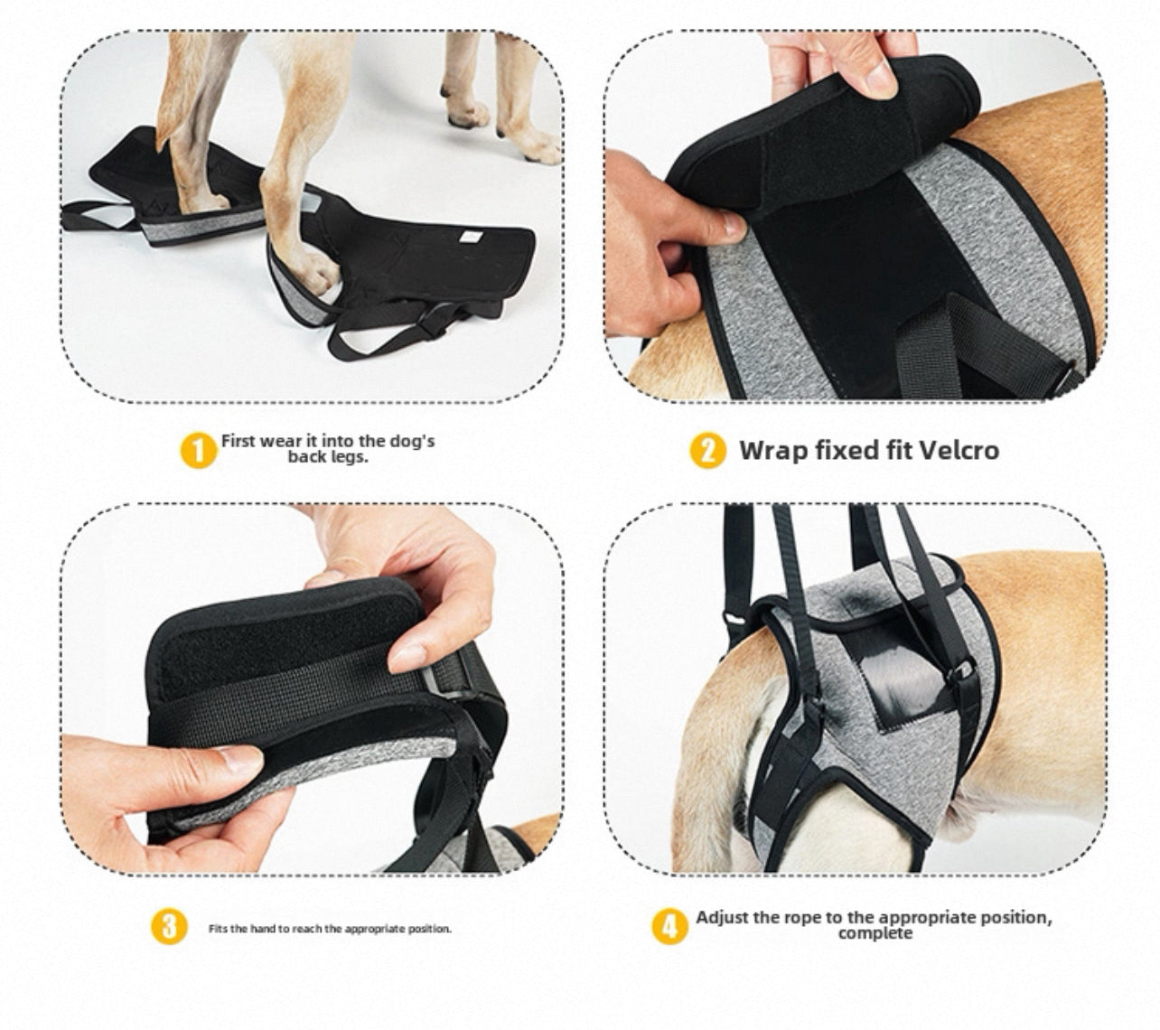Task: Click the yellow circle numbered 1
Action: (x=198, y=450)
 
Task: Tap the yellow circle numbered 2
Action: (x=707, y=450)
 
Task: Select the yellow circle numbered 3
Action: (x=169, y=926)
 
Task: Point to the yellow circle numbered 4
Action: (x=669, y=926)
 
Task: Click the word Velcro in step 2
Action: (x=959, y=450)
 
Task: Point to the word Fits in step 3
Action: (x=218, y=929)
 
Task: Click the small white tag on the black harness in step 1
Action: (x=471, y=234)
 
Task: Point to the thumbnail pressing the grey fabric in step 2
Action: (x=734, y=224)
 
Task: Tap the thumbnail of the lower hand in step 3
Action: (x=239, y=760)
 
